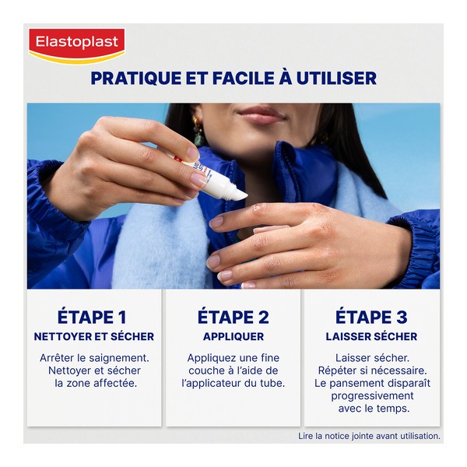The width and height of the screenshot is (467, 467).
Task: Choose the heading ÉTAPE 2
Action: click(x=233, y=317)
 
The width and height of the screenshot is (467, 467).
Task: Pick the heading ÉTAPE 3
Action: click(x=371, y=317)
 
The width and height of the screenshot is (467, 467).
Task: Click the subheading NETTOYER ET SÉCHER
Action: click(x=93, y=337)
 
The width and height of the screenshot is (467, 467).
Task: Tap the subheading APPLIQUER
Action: click(x=233, y=337)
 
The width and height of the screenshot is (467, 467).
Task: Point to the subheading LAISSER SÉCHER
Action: click(x=371, y=337)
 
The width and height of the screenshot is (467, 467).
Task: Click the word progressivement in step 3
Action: click(x=371, y=395)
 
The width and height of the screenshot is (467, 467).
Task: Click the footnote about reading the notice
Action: click(x=369, y=436)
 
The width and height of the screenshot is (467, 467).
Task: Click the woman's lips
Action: click(x=261, y=115)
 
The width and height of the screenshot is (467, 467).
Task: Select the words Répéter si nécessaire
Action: click(x=371, y=370)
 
